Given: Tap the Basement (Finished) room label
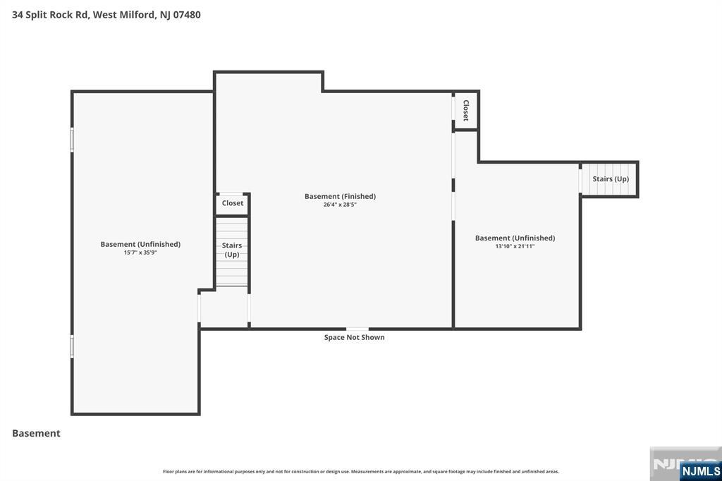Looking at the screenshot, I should [x=340, y=196].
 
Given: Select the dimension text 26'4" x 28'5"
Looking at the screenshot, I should [x=340, y=205].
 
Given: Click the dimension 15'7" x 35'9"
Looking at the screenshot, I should [x=140, y=252].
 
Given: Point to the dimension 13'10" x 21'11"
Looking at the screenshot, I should [x=515, y=246].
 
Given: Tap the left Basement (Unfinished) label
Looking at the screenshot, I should [x=140, y=244].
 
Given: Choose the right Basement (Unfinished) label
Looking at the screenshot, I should [x=515, y=238].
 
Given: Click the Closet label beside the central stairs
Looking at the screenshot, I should [x=233, y=203].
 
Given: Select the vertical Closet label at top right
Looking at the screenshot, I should [x=466, y=110].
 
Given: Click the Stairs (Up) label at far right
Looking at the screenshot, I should [x=611, y=179].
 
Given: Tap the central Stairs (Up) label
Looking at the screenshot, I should [x=232, y=250].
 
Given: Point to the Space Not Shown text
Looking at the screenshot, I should [x=354, y=337].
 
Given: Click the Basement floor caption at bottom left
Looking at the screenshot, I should [x=36, y=433].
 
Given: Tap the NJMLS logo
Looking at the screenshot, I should [x=700, y=470].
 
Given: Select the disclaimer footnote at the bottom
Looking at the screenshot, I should [x=361, y=471].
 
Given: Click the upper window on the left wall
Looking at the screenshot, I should [x=72, y=139].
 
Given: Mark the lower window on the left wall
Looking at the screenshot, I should [x=72, y=346].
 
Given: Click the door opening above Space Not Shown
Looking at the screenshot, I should [x=357, y=329].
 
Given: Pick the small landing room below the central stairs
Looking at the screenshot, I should [x=224, y=309].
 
